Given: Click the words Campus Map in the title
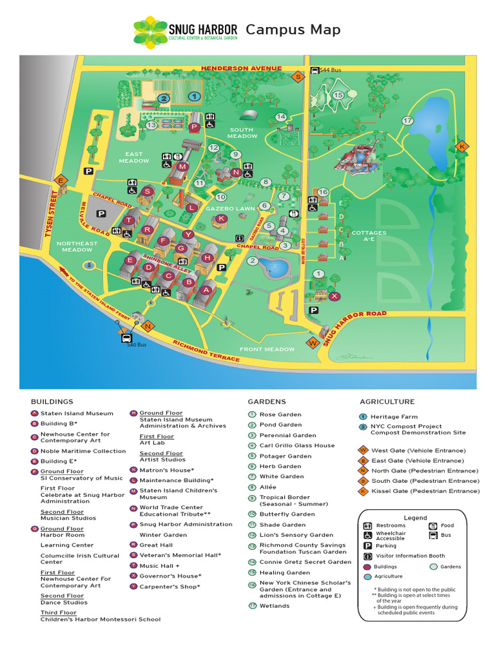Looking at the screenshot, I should pyautogui.click(x=293, y=30).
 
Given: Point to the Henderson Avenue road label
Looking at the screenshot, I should pyautogui.click(x=241, y=68).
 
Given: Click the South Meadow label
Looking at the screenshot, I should pyautogui.click(x=242, y=133).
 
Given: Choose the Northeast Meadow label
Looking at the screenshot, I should pyautogui.click(x=77, y=247).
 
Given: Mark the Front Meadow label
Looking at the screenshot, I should pyautogui.click(x=267, y=349).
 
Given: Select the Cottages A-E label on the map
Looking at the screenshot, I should pyautogui.click(x=369, y=236).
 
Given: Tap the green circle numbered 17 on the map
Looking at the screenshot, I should pyautogui.click(x=407, y=121).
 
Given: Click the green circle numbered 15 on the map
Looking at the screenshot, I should pyautogui.click(x=338, y=95).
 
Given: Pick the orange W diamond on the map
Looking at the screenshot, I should pyautogui.click(x=313, y=343).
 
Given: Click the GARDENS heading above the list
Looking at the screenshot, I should pyautogui.click(x=267, y=402).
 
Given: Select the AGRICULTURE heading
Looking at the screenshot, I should pyautogui.click(x=387, y=402).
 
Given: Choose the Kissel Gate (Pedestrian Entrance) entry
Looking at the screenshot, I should pyautogui.click(x=424, y=491).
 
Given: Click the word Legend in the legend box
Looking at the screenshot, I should pyautogui.click(x=415, y=518).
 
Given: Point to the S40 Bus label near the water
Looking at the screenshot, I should pyautogui.click(x=137, y=345).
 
